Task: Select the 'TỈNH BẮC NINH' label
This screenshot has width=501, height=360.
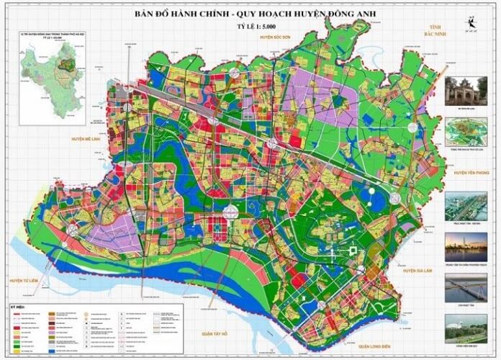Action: (x=430, y=29)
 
